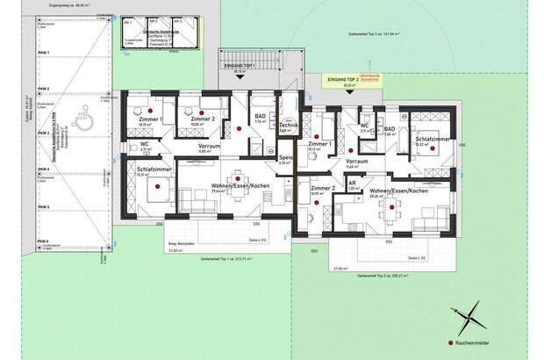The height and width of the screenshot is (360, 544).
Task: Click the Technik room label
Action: (284, 126)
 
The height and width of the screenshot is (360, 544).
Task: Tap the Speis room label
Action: (284, 159)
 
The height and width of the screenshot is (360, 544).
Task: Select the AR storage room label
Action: (354, 185)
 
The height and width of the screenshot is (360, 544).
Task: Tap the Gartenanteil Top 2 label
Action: (379, 276)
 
